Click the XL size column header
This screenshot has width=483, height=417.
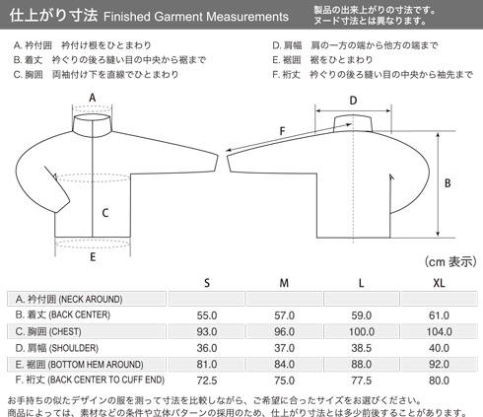[439, 283]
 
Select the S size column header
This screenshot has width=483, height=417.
[207, 283]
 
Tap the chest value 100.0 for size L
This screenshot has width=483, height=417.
[362, 331]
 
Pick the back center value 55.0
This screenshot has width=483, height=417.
[207, 315]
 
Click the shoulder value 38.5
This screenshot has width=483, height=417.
[362, 348]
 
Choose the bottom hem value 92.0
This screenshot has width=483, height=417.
[439, 364]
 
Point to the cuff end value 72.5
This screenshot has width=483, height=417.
[207, 381]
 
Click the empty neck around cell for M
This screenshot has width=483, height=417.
[284, 299]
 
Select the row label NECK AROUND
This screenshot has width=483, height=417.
[69, 299]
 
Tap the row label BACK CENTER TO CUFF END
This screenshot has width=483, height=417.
[90, 380]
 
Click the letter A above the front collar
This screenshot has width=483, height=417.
[93, 98]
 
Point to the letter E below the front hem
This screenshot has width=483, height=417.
[93, 257]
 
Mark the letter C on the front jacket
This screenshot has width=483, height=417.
[105, 213]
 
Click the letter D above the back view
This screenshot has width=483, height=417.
[353, 101]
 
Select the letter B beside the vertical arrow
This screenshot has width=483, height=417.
[448, 183]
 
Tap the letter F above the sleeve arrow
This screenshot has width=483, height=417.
[282, 131]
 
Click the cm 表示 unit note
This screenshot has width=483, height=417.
[450, 262]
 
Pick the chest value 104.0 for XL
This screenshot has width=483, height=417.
[439, 331]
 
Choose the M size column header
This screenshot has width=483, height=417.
[284, 283]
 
